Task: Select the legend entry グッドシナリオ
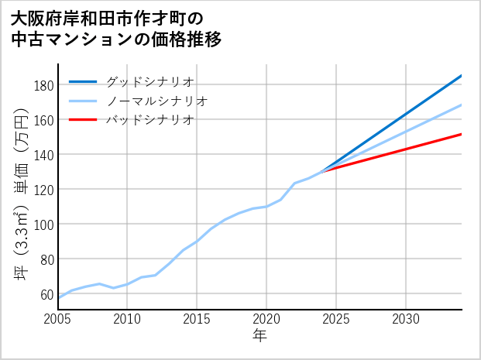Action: tap(149, 81)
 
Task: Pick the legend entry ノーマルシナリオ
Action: tap(156, 101)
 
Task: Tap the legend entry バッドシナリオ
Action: tap(149, 120)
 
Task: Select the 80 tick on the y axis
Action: tap(45, 259)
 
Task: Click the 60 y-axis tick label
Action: tap(45, 294)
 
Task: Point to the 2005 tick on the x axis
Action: tap(58, 319)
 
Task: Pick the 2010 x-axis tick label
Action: tap(128, 319)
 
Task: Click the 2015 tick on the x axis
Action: tap(198, 319)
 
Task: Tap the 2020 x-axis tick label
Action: tap(267, 319)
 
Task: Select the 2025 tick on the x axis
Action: tap(337, 319)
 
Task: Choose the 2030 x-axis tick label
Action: tap(407, 319)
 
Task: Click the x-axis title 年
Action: tap(260, 336)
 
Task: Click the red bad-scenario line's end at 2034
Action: tap(461, 135)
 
